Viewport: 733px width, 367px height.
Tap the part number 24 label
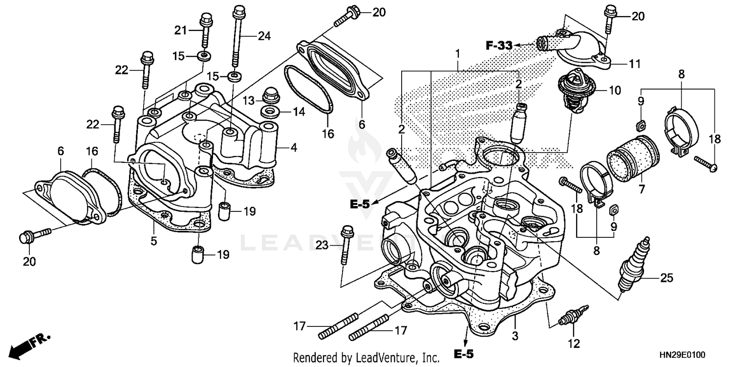point(264,35)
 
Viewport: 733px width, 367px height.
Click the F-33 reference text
point(498,46)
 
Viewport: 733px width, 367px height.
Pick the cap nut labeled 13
point(270,94)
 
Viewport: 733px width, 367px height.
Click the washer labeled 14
point(270,111)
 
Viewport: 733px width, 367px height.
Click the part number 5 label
point(153,241)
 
